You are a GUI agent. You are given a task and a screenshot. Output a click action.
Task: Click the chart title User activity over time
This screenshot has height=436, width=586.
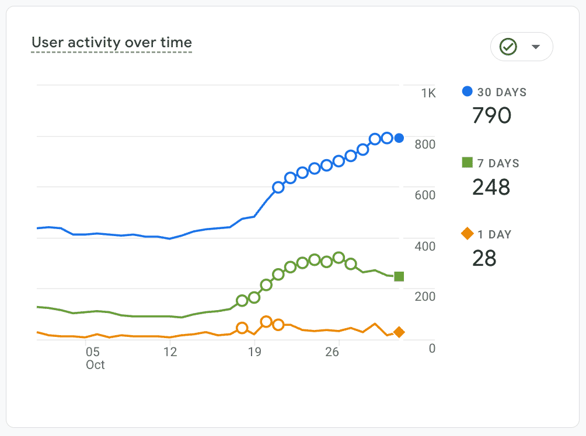111,43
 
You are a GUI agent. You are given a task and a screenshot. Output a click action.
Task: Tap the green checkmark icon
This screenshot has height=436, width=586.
508,47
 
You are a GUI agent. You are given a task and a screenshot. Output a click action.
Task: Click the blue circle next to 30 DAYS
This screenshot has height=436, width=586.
467,92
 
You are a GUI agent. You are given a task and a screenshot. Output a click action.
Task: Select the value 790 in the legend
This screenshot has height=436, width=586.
491,115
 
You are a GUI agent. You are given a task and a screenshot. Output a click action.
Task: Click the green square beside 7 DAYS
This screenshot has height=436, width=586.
467,163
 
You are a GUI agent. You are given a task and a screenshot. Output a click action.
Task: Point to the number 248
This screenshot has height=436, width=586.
491,187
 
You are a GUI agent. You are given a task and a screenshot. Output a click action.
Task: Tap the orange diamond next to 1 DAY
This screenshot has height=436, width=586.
467,234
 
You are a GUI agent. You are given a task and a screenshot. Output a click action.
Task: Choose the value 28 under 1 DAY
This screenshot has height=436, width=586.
484,258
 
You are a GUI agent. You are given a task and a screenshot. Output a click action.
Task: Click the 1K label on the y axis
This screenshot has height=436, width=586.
428,93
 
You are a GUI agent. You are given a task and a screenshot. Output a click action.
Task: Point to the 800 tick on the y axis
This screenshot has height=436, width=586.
425,144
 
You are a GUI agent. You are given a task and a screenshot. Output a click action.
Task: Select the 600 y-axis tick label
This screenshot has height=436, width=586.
425,195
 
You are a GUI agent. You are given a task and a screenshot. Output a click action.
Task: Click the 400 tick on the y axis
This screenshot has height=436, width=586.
425,245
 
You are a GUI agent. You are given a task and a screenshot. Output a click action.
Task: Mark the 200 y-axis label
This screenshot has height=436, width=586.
425,296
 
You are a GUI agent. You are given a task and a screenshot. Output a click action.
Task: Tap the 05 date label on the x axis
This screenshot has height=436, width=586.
93,352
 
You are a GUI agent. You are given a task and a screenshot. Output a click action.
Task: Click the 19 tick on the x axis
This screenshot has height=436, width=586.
254,352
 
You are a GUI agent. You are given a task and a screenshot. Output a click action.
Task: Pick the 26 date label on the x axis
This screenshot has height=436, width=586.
332,352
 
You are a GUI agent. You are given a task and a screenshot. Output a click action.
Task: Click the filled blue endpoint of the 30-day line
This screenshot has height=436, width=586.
399,138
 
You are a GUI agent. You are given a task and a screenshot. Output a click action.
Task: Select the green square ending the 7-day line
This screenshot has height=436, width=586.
399,276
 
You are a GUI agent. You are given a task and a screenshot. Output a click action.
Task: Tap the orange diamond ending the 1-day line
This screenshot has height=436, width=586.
399,332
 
